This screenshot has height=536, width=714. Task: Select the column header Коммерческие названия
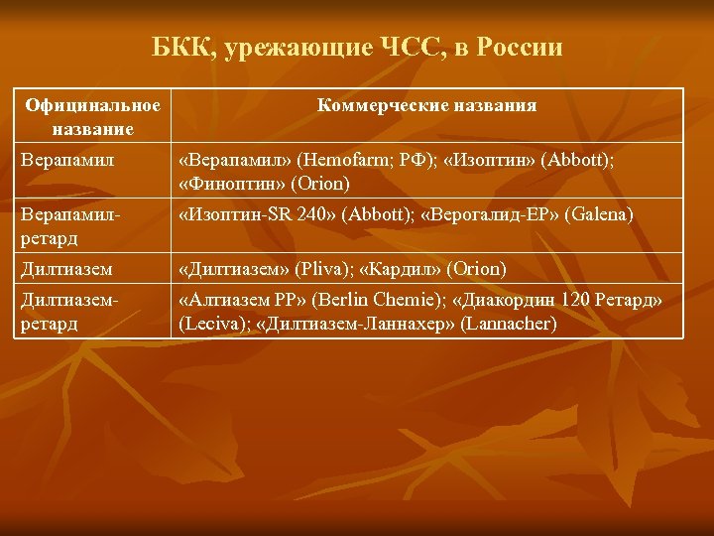point(427,106)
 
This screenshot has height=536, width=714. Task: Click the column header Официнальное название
point(93,116)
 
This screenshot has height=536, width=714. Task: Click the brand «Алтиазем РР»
point(240,300)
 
